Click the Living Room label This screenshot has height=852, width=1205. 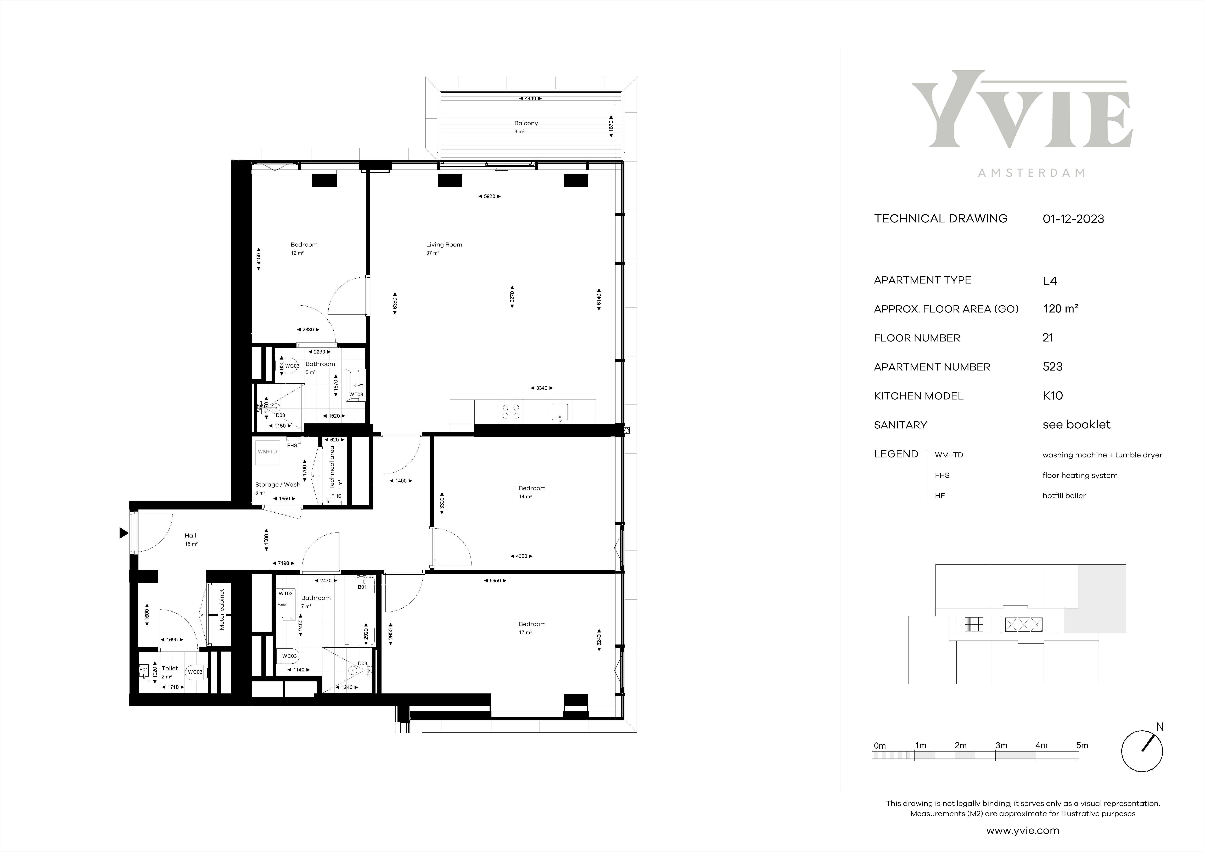444,245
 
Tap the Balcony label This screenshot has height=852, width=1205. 526,123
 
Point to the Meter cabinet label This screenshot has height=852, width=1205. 222,609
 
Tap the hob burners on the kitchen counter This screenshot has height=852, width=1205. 511,411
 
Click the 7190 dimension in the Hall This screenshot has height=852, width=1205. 283,563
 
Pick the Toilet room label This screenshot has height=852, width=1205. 170,668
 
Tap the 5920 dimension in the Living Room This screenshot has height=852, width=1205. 489,196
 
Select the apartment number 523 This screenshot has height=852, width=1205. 1052,367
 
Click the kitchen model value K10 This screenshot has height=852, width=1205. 1052,396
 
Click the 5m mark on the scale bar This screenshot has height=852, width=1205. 1082,745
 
